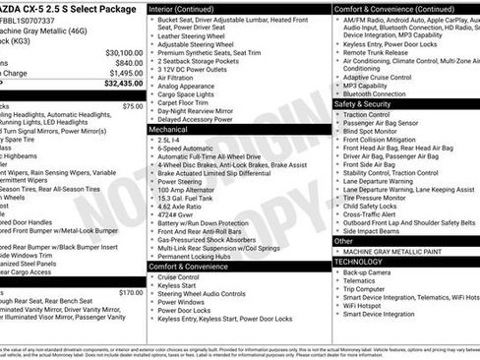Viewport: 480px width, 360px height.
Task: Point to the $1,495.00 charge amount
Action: (x=123, y=73)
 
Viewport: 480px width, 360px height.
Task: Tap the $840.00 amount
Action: (x=125, y=62)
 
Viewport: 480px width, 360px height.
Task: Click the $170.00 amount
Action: (x=130, y=292)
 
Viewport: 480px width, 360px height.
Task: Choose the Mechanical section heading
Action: (x=168, y=129)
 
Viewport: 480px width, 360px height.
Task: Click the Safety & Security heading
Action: (x=361, y=103)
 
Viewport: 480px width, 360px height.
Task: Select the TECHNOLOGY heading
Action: (x=358, y=261)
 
